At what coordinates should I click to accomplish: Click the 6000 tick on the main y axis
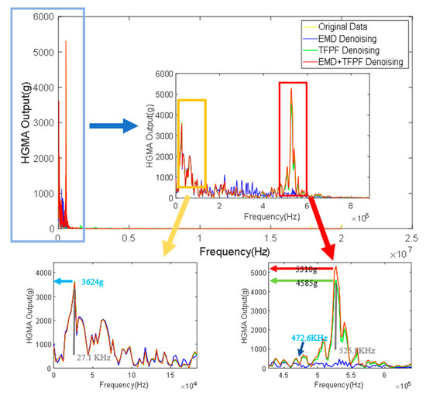coord(43,16)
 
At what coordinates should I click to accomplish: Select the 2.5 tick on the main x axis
coord(415,239)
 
